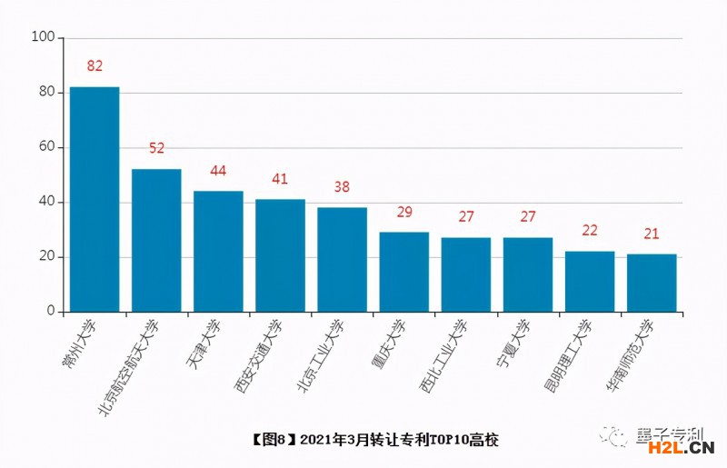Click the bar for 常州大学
[95, 199]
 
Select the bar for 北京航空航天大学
[156, 240]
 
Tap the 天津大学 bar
[218, 251]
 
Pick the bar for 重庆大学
[403, 272]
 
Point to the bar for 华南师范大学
[652, 283]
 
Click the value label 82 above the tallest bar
[95, 65]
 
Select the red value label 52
[156, 148]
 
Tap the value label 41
[280, 179]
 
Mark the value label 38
[342, 187]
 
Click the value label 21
[652, 234]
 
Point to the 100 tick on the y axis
[43, 37]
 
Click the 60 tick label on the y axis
[45, 147]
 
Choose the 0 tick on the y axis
[51, 312]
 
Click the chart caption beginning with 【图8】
[373, 440]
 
